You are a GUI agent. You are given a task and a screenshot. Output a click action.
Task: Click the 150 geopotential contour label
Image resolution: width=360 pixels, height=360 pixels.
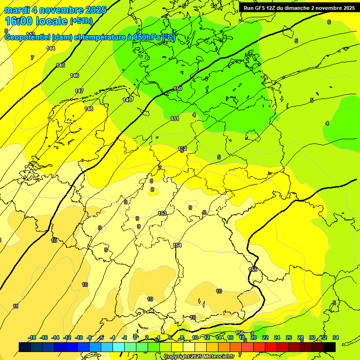pos(178,89)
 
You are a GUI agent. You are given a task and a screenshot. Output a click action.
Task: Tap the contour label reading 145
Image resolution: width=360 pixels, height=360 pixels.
pos(60,65)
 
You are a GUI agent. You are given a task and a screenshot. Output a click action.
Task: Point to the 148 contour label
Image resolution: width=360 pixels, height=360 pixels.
pos(89,109)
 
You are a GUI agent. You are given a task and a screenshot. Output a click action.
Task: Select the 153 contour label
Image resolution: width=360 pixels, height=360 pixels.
pos(162,213)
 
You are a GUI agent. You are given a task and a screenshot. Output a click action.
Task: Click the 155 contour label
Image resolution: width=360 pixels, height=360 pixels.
pos(253,270)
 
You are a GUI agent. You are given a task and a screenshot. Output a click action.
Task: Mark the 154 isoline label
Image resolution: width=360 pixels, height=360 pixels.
pos(177,245)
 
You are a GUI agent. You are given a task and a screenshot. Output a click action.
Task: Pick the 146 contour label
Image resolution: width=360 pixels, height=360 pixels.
pos(75,75)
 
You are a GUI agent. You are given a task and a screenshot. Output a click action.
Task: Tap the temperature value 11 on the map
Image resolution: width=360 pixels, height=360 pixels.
pos(16,306)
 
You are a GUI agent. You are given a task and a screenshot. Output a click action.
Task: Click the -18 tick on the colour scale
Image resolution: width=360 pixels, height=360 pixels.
pos(32,337)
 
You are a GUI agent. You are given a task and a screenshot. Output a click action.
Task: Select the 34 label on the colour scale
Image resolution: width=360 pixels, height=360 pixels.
pos(335,337)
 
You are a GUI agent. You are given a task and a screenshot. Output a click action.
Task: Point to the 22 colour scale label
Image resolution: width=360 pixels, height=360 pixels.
pos(265,337)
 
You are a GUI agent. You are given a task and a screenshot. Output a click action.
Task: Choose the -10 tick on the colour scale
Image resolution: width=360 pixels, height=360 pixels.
pos(79,337)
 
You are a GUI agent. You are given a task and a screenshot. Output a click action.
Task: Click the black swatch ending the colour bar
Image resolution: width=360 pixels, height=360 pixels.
pos(330,347)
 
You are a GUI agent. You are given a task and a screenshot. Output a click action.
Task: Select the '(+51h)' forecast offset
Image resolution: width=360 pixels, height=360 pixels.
pos(81,21)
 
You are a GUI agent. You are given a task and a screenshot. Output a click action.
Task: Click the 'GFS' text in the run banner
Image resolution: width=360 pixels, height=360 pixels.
pos(261,8)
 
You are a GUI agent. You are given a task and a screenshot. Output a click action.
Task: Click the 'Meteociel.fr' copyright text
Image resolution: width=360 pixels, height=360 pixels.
pos(218,356)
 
